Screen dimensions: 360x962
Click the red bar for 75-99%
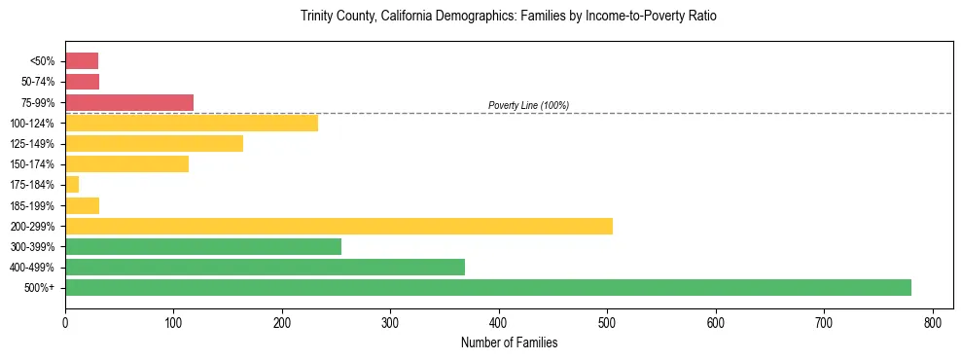[129, 102]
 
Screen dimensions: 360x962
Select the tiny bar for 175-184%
[72, 184]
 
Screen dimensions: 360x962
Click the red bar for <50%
[82, 61]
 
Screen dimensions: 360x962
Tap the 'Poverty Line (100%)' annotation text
[528, 105]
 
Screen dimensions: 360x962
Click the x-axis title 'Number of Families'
[509, 342]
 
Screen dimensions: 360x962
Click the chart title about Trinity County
[509, 17]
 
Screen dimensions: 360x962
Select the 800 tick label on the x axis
[933, 321]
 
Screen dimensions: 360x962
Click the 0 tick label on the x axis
[65, 321]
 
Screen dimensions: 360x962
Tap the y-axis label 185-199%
[33, 205]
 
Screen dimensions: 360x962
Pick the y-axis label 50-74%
[36, 82]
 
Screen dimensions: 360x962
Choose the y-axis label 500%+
[40, 287]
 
